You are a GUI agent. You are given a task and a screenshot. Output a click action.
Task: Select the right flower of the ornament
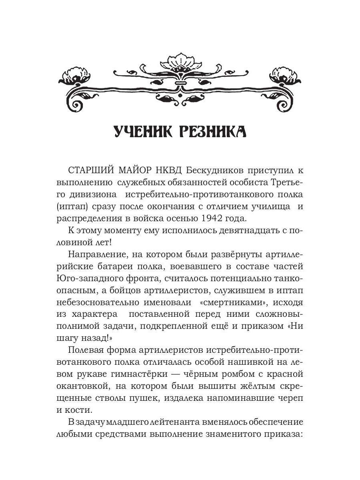287,74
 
